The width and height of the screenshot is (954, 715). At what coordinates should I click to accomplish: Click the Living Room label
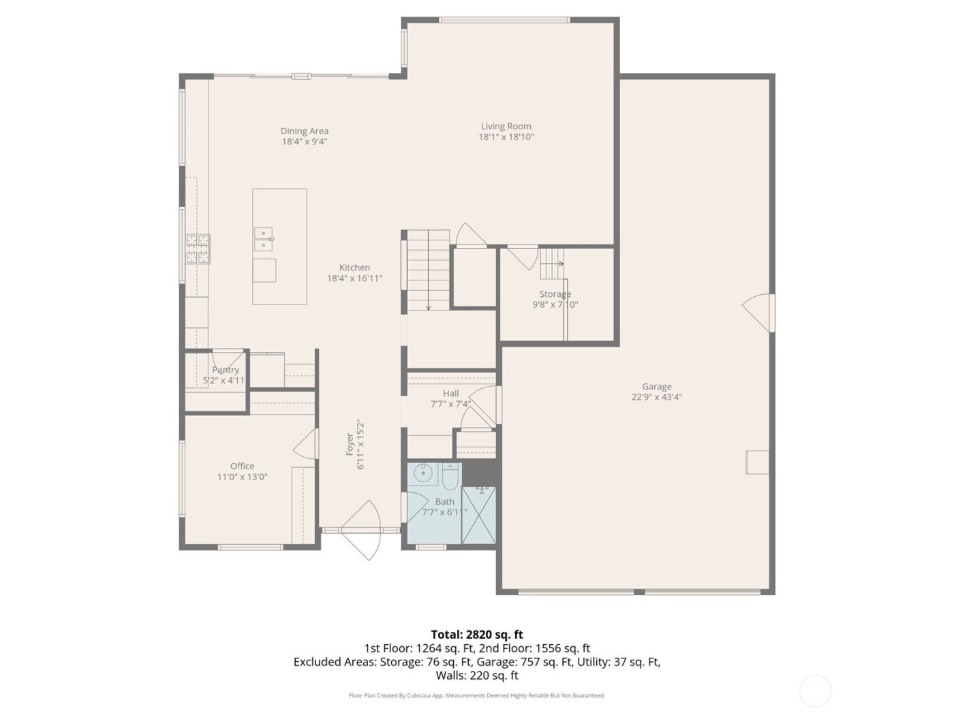tap(506, 126)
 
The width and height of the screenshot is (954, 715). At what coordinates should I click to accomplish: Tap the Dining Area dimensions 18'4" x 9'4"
tap(305, 142)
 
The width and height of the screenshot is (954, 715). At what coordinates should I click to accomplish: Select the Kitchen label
tap(354, 268)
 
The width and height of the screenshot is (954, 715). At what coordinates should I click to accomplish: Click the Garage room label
tap(656, 387)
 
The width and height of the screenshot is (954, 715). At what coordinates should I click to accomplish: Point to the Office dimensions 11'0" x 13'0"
tap(242, 477)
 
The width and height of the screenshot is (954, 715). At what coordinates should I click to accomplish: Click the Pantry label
tap(225, 370)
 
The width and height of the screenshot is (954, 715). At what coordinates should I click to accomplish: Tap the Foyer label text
tap(350, 444)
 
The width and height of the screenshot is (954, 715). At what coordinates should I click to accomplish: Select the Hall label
tap(450, 393)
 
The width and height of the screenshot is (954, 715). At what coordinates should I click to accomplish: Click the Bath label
tap(444, 502)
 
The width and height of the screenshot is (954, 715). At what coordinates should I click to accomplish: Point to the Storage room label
tap(555, 294)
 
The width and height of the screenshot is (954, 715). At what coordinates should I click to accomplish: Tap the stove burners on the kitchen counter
tap(198, 249)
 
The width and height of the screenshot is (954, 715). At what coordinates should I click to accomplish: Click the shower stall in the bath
tap(479, 515)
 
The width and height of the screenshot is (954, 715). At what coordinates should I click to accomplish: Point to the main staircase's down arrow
tap(428, 306)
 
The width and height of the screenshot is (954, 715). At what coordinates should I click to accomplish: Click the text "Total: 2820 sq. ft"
tap(477, 635)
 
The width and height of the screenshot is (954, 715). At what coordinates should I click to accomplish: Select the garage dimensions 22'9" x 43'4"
tap(656, 397)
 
